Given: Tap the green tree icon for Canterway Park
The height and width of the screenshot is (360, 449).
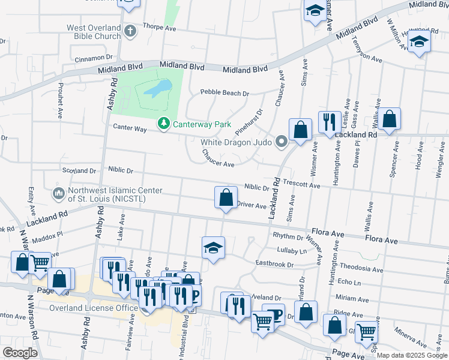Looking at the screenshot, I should click(x=163, y=124).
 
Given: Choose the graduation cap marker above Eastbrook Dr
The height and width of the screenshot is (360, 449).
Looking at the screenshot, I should click(x=213, y=248).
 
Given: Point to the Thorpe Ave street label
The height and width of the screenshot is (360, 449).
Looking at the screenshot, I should click(x=158, y=28).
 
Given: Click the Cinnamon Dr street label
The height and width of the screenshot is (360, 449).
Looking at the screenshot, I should click(x=94, y=59).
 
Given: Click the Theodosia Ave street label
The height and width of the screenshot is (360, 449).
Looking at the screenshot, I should click(x=361, y=269).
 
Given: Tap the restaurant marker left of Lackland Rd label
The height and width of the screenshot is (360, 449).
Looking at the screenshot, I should click(x=329, y=123).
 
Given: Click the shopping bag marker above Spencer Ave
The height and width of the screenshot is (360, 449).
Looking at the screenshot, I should click(x=390, y=119).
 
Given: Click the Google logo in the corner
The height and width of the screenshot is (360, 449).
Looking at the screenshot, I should click(x=20, y=353).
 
